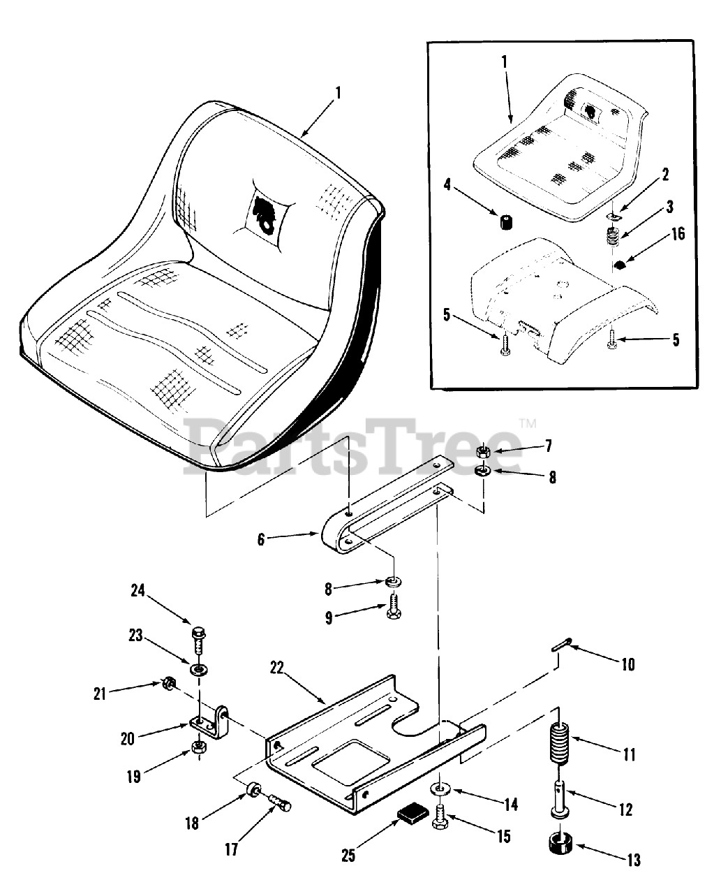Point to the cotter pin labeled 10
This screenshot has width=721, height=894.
click(x=563, y=644)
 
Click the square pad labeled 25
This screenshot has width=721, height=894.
click(x=411, y=814)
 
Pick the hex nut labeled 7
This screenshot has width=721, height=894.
click(x=483, y=450)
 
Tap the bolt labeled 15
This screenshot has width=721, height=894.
click(x=440, y=817)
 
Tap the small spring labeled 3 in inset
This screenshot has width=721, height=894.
click(x=611, y=240)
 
